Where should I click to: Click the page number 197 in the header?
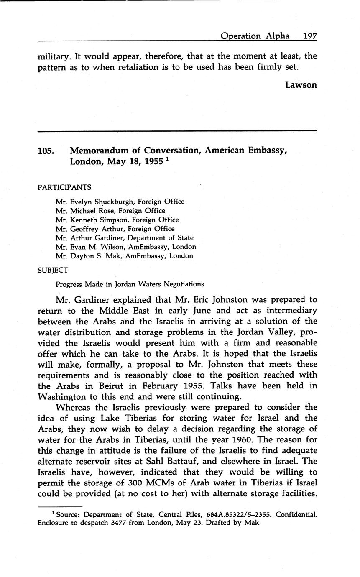[309, 36]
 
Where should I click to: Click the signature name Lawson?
[301, 85]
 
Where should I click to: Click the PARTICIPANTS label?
[64, 187]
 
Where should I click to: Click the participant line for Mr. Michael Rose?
[110, 211]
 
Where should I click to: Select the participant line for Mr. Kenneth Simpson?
[117, 220]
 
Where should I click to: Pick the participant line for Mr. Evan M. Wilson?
[126, 247]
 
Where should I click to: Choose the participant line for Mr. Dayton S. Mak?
[124, 256]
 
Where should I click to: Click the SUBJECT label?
[53, 270]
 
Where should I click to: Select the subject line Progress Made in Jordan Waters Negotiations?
[130, 284]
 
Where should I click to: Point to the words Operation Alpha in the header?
[255, 36]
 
